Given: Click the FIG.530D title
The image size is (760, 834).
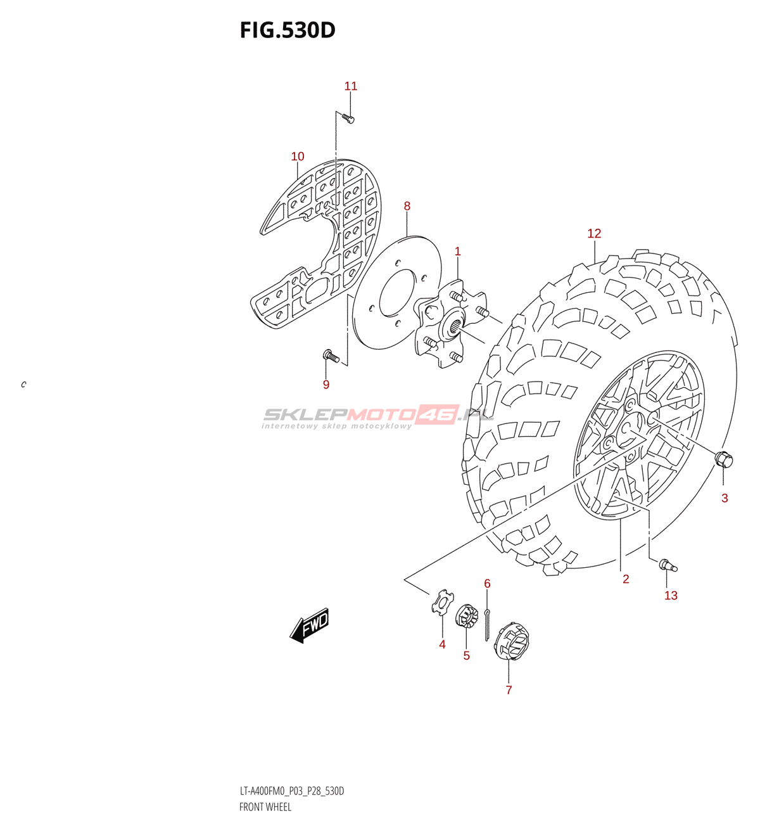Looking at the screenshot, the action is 288,30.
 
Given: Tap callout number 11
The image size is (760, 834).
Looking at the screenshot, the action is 351,86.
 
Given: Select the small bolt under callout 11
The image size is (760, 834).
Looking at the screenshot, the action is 348,118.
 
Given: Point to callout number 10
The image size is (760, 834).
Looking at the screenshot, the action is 298,157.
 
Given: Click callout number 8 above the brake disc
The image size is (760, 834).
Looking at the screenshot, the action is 407,206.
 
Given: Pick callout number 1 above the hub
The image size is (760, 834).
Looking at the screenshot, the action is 458,252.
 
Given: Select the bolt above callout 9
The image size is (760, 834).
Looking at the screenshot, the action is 331,357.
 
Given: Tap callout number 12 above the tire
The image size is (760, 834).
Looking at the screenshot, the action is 594,233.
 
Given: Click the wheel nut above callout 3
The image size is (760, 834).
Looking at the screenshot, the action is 723,458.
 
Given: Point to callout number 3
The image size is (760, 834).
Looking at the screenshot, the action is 725,498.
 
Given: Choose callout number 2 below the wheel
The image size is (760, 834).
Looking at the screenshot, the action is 626,579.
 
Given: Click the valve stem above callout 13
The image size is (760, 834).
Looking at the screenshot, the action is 667,565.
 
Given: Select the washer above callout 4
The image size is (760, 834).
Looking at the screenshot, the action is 443,602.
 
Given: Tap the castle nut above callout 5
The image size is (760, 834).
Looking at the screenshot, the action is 467,617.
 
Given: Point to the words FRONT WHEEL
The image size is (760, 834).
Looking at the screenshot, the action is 265,807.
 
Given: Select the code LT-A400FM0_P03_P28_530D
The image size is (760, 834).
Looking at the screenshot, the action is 292,791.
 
